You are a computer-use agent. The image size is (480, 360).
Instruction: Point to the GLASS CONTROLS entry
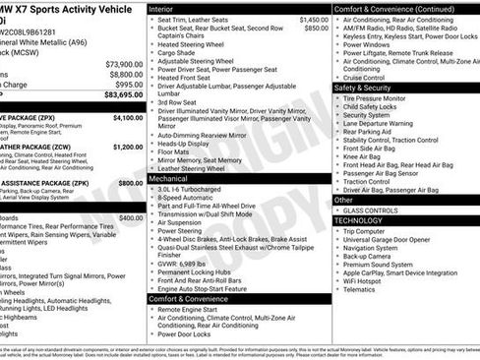pos(371,210)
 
